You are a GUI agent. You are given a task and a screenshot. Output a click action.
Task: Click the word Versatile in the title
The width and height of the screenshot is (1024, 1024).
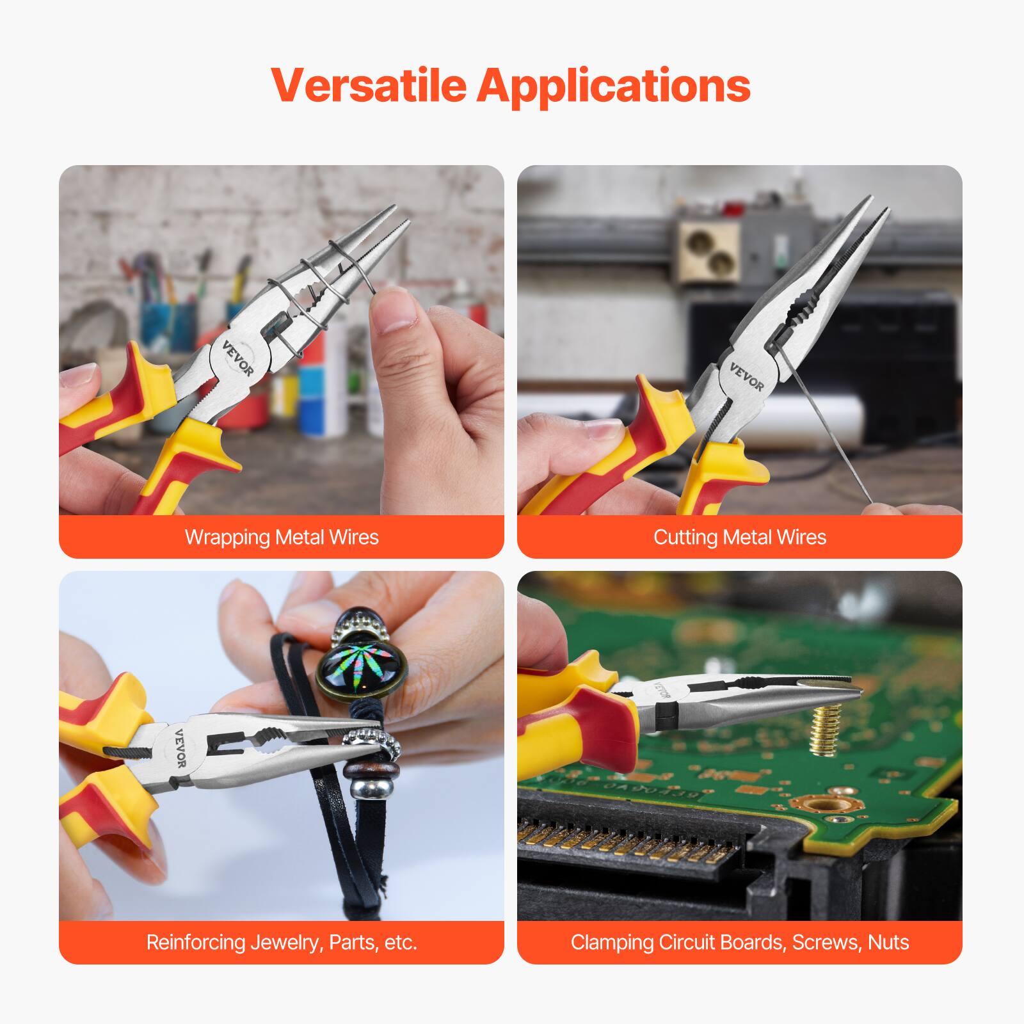(369, 84)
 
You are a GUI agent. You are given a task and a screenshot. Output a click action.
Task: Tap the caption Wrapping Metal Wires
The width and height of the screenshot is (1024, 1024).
(282, 537)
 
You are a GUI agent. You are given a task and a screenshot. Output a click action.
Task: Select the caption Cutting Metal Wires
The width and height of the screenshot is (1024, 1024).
(739, 537)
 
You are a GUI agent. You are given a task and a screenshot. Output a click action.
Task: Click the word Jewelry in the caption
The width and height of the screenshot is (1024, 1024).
(285, 943)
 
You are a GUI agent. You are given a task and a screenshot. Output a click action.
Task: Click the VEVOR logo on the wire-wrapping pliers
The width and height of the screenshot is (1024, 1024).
(238, 359)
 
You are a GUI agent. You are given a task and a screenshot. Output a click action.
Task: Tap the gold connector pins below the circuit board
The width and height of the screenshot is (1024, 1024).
(627, 844)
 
